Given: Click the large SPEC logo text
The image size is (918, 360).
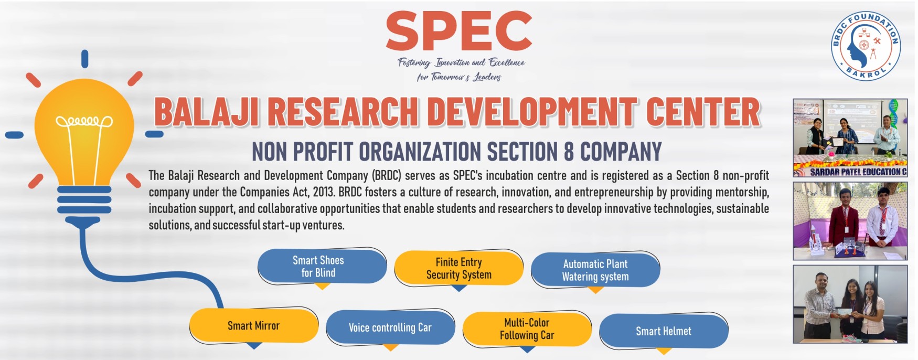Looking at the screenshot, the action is (459, 31).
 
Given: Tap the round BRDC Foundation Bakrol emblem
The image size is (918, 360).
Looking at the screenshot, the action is (866, 46).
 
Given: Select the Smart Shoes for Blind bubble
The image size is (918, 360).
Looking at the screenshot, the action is (322, 267).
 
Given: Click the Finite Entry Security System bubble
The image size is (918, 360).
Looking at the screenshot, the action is (458, 268).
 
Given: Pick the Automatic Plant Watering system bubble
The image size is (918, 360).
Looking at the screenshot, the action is (595, 270).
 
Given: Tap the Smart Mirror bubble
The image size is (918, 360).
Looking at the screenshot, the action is (254, 326).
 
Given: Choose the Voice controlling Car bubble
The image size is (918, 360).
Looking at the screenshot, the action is (390, 327).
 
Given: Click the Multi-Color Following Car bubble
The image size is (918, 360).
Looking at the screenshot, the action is (527, 329).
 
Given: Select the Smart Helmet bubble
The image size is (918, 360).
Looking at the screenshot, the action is (664, 331).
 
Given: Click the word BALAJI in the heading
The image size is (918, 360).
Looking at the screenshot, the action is (207, 112).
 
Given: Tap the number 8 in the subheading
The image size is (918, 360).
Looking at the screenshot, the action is (569, 152).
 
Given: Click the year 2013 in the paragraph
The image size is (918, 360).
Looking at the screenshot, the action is (323, 192).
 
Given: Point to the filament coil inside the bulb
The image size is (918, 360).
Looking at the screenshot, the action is (84, 122).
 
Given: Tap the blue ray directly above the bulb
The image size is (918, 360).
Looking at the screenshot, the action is (84, 59).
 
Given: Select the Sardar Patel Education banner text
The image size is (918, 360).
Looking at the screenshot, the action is (858, 172).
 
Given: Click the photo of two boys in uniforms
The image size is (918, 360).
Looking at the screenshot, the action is (850, 221).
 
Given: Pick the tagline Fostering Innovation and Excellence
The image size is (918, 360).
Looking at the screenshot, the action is (461, 63).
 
